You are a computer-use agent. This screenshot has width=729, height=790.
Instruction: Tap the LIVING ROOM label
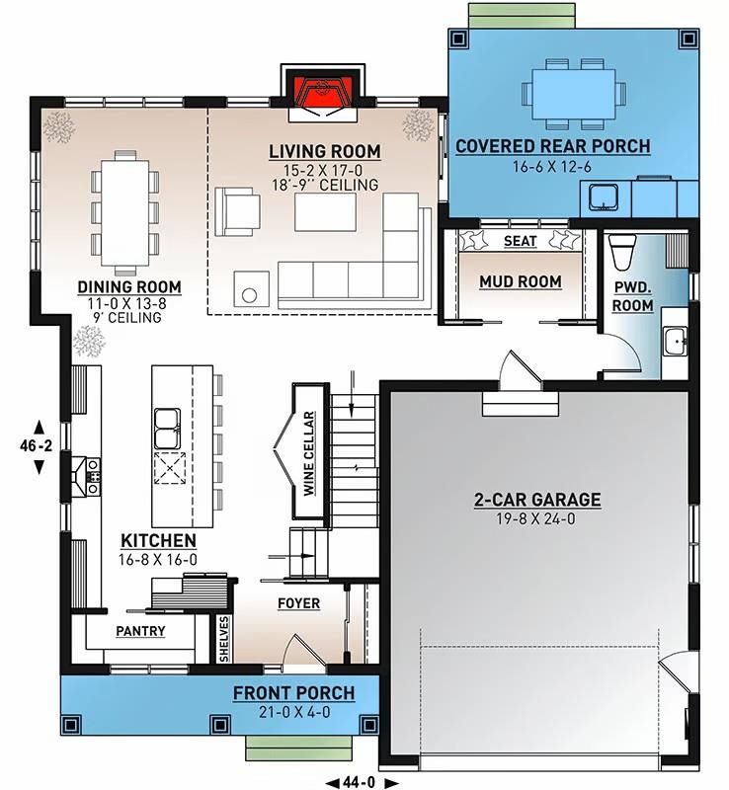pos(325,151)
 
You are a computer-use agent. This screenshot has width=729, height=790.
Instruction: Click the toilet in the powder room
pos(620,253)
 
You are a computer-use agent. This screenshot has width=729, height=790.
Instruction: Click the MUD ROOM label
pos(520,282)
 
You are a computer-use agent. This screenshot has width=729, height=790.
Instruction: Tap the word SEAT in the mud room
pos(520,241)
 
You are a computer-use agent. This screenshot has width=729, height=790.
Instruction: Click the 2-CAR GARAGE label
pos(536,500)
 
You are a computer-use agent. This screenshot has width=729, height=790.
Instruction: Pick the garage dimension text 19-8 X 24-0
pos(536,518)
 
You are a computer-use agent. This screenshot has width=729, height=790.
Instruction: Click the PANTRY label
pos(140,631)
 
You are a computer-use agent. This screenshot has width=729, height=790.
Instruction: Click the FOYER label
pos(297,603)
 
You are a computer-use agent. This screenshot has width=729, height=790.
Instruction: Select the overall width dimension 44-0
pos(353,780)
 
